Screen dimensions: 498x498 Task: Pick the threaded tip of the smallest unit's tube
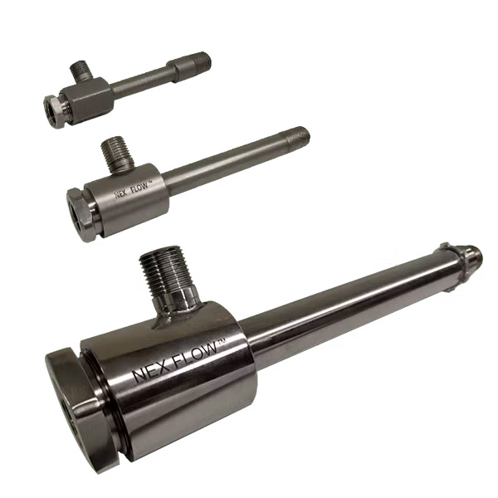pos(203,61)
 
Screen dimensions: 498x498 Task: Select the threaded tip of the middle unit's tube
pos(300,134)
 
